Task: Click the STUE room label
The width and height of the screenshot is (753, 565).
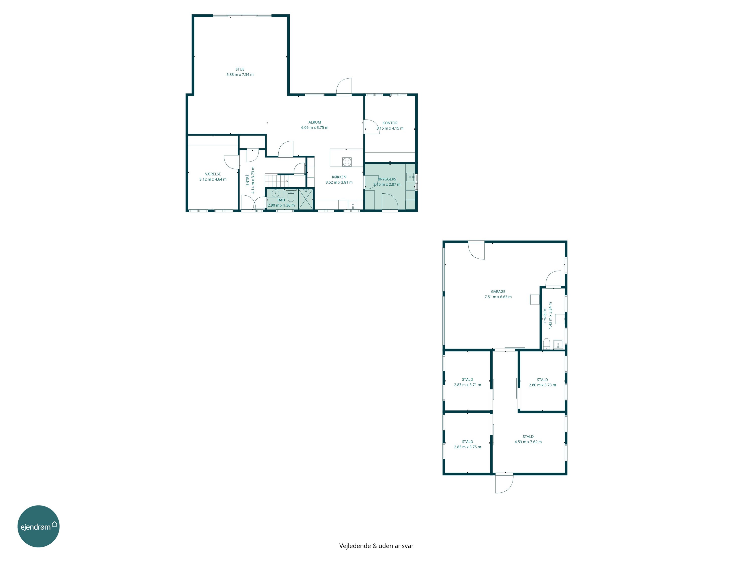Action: coord(240,69)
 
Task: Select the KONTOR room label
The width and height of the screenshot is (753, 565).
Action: coord(390,123)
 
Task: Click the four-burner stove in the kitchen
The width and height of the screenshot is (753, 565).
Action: coord(347,161)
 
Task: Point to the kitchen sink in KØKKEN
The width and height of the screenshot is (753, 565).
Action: coord(353,205)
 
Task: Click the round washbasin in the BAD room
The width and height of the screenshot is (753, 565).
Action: coord(275,193)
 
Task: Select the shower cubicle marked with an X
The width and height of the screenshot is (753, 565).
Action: coord(306,199)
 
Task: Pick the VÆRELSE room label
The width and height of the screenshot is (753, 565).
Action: coord(213,174)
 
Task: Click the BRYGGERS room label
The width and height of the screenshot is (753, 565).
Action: coord(387,179)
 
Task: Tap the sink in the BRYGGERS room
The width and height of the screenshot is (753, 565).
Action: coord(410,177)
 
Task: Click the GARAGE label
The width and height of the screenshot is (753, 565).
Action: coord(498,292)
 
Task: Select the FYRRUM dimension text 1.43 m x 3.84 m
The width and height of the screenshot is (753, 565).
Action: coord(550,315)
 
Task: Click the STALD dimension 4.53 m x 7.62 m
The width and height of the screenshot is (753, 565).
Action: coord(528,442)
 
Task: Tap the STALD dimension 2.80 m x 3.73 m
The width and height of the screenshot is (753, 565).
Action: coord(542,385)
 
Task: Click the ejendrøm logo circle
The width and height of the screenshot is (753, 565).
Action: coord(38,526)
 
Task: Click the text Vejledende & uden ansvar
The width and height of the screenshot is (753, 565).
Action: coord(376,546)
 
